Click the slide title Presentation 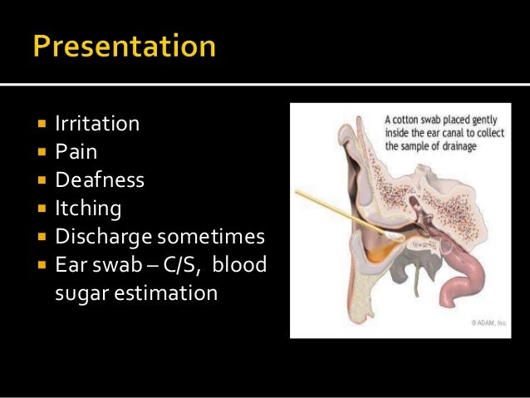tap(125, 47)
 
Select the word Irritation tap(97, 125)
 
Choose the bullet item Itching tap(88, 208)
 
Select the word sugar tap(79, 292)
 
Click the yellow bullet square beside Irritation tap(40, 125)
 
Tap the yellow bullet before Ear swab tap(40, 264)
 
